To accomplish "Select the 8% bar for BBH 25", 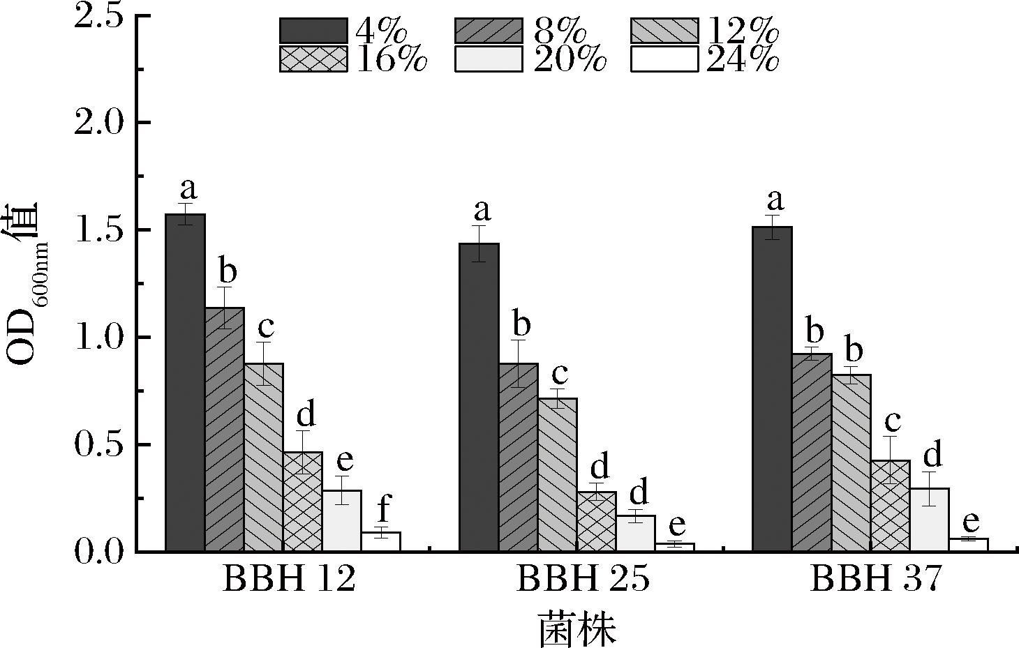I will pyautogui.click(x=518, y=457).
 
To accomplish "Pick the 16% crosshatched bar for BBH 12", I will pyautogui.click(x=302, y=502).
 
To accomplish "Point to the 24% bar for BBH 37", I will pyautogui.click(x=968, y=545).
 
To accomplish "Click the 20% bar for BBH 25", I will pyautogui.click(x=635, y=534).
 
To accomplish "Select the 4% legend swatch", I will pyautogui.click(x=313, y=31).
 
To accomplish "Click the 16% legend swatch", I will pyautogui.click(x=313, y=59).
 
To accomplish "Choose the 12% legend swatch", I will pyautogui.click(x=664, y=31).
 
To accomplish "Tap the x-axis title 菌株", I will pyautogui.click(x=577, y=627).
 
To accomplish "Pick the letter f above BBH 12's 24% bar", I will pyautogui.click(x=382, y=510).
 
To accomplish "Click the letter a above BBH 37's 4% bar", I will pyautogui.click(x=773, y=201).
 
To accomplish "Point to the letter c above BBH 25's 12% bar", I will pyautogui.click(x=558, y=372).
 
